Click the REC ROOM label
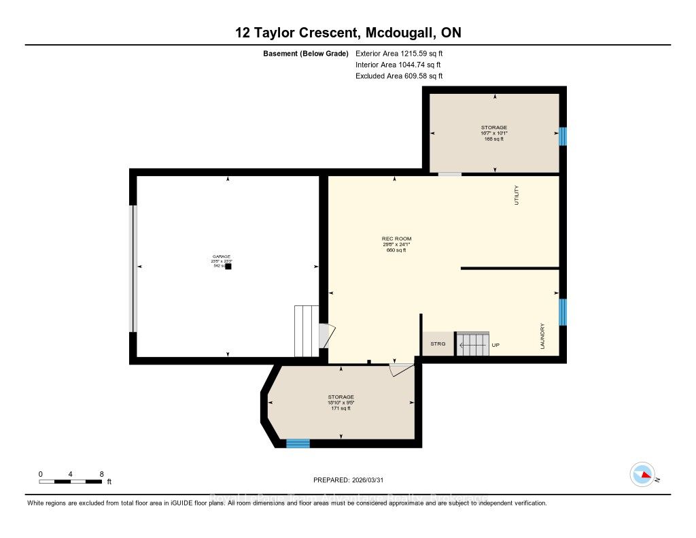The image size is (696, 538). [x=396, y=239]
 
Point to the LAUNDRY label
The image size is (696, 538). [x=543, y=337]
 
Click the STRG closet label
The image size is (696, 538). [x=438, y=344]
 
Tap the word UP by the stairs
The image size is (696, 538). [x=495, y=345]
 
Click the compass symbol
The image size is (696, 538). [x=642, y=474]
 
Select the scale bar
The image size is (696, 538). [x=71, y=482]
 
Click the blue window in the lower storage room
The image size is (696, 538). [x=298, y=443]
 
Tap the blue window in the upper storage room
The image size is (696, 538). [x=562, y=136]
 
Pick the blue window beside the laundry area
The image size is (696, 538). [x=562, y=312]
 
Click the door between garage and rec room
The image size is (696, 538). [x=326, y=335]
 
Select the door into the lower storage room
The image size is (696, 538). [x=401, y=369]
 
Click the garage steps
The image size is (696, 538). [x=307, y=331]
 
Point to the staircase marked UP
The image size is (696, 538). [x=472, y=343]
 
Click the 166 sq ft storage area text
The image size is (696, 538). [x=494, y=139]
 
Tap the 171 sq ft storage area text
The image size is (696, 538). [x=341, y=408]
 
